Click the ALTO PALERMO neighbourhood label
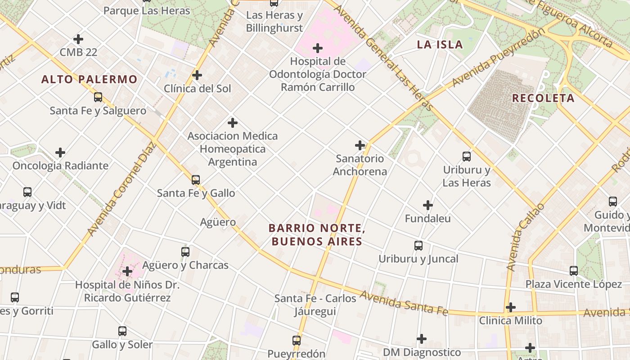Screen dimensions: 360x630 [x=89, y=80]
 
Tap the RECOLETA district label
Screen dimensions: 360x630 [x=543, y=98]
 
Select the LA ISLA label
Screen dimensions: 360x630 [x=440, y=44]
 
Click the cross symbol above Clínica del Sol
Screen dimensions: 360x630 [x=197, y=75]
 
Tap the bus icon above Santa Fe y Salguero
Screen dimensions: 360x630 [x=98, y=97]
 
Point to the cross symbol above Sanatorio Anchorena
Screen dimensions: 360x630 [x=360, y=145]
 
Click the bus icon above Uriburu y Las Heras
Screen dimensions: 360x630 [x=467, y=157]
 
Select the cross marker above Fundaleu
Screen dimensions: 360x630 [x=427, y=206]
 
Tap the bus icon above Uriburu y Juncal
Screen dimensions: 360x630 [x=418, y=246]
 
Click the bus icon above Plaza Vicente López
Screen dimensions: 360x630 [x=574, y=271]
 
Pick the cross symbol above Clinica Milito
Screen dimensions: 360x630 [x=510, y=307]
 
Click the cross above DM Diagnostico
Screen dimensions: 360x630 [x=422, y=338]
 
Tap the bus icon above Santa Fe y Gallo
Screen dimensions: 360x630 [x=195, y=180]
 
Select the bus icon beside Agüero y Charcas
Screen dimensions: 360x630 [x=185, y=252]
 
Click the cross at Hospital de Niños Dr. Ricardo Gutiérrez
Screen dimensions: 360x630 [x=127, y=271]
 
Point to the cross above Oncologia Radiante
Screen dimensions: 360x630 [x=60, y=153]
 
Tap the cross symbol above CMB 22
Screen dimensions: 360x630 [x=78, y=39]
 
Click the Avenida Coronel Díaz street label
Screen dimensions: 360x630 [x=122, y=189]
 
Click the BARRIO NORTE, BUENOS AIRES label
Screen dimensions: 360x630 [x=317, y=235]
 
